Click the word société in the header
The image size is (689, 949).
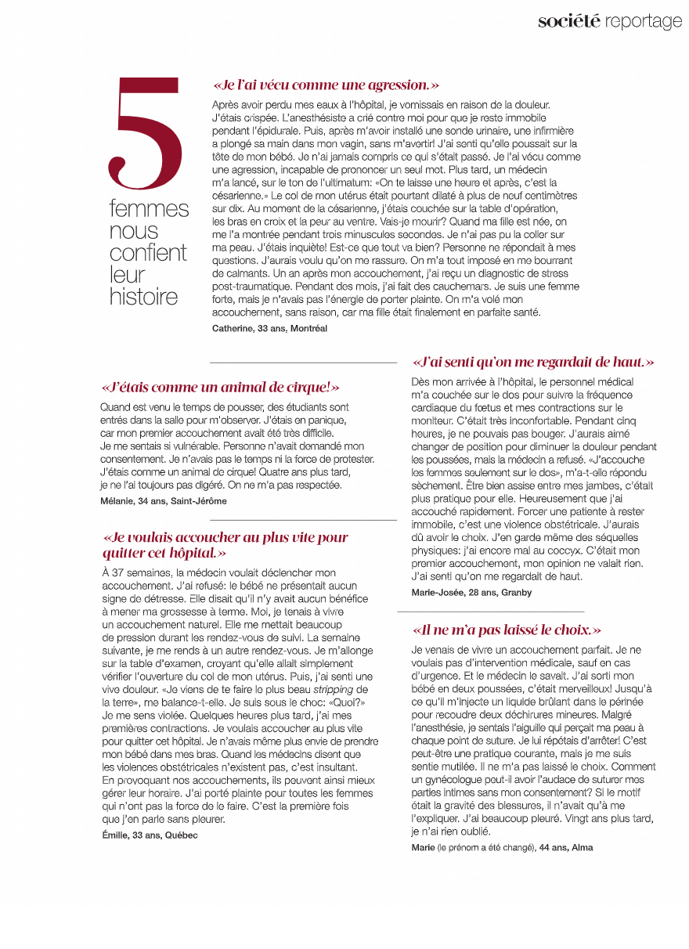tap(568, 21)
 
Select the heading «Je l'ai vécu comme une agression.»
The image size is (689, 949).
tap(326, 85)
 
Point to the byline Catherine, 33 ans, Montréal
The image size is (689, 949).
tap(269, 328)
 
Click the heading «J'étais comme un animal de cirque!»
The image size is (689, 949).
tap(220, 387)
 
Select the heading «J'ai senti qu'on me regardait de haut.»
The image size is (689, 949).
tap(532, 362)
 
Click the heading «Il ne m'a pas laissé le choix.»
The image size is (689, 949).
tap(507, 630)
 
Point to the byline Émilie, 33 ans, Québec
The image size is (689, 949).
tap(150, 835)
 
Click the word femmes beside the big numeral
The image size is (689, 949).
tap(149, 209)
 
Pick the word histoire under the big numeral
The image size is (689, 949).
tap(143, 297)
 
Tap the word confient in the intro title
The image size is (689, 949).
tap(148, 253)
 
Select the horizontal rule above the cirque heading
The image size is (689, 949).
tap(303, 363)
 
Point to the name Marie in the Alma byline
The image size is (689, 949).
tap(423, 847)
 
